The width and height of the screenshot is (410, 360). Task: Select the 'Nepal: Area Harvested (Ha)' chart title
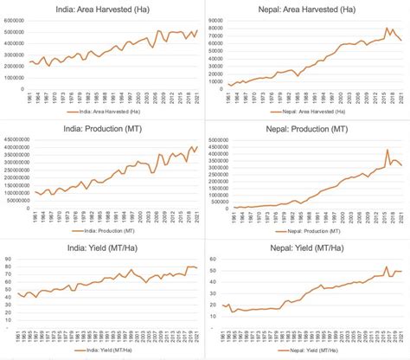point(308,9)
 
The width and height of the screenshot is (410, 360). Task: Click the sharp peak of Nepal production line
point(387,150)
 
